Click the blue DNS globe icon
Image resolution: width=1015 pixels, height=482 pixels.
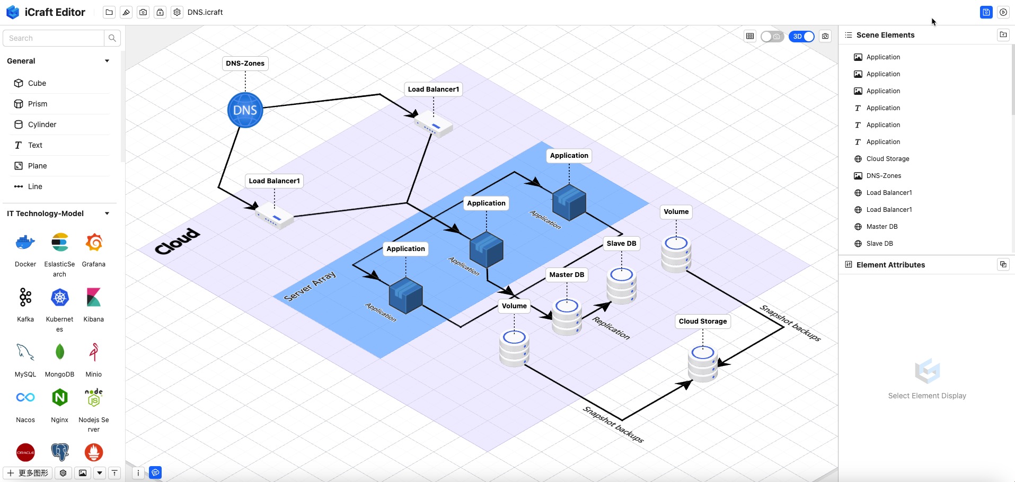click(245, 110)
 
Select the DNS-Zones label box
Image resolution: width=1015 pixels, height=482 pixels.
click(245, 64)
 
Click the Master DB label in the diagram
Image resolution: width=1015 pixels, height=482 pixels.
click(567, 275)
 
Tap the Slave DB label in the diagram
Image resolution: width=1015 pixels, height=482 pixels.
click(621, 244)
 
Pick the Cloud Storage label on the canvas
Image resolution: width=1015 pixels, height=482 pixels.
click(703, 322)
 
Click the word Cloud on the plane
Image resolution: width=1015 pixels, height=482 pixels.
click(178, 241)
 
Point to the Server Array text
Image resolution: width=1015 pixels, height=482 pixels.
click(310, 286)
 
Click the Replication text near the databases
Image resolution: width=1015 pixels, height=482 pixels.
click(611, 328)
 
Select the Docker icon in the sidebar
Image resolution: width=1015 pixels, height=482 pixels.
click(25, 243)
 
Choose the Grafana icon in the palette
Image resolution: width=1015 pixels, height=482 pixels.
click(94, 243)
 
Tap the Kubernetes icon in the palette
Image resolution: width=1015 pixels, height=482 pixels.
click(60, 298)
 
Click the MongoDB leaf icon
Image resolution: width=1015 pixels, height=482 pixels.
click(60, 352)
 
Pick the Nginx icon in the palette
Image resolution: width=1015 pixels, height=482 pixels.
click(60, 397)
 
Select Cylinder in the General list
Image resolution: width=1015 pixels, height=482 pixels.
click(42, 124)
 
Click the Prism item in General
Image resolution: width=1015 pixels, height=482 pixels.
click(37, 104)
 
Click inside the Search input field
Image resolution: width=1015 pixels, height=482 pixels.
click(53, 38)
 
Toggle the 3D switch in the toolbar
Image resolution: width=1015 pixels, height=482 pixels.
click(801, 37)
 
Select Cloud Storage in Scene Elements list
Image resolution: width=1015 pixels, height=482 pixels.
click(888, 159)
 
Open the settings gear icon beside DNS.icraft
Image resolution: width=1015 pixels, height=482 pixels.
click(177, 12)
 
